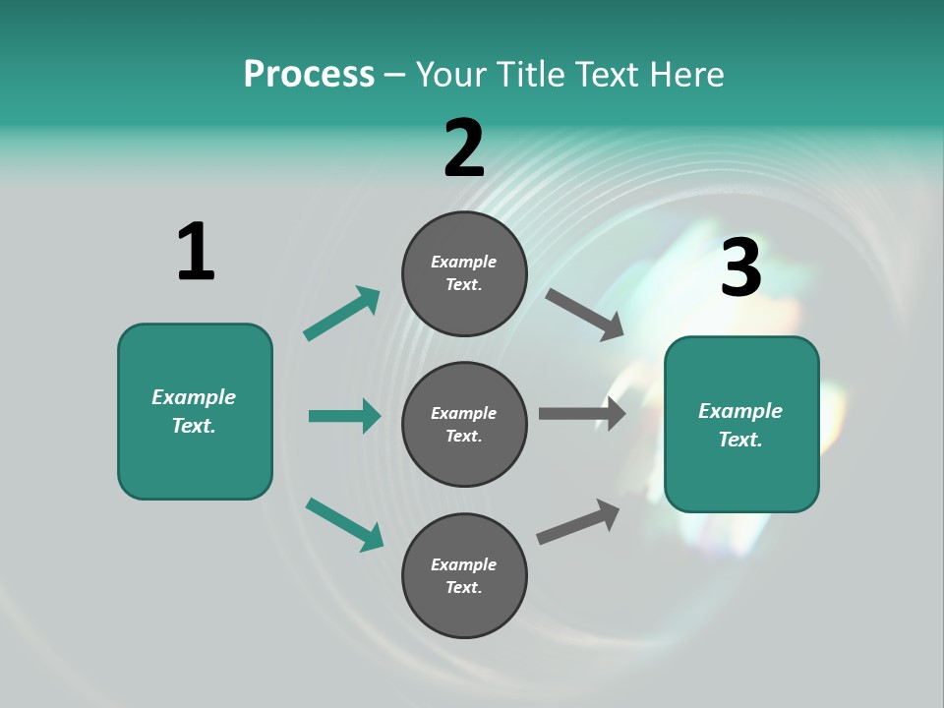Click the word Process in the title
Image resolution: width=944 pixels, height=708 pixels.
pos(309,74)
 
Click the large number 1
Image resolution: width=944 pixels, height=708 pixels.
pos(196,252)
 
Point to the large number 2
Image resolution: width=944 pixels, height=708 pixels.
pos(464,148)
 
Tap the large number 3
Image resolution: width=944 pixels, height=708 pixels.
pos(740,267)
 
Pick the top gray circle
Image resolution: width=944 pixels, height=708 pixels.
pos(464,273)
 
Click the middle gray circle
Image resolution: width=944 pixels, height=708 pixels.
pos(464,424)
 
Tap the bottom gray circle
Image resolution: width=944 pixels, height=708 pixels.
pos(464,575)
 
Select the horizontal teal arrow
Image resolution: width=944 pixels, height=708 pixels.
pos(344,416)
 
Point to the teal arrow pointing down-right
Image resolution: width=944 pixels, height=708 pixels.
pos(344,524)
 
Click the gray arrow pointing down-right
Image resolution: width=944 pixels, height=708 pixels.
pos(584,315)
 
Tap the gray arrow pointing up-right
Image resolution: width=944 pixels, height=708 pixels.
pos(578,521)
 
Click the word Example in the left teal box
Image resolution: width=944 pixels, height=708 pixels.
pos(194,397)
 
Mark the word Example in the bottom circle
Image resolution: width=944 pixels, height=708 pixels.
pos(464,564)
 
